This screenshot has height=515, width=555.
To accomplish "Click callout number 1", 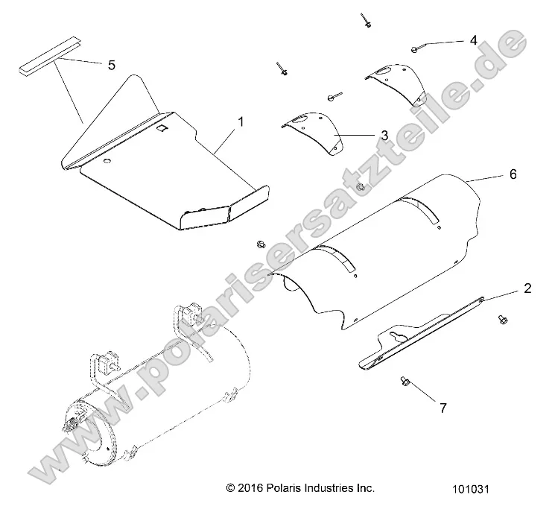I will click(240, 120).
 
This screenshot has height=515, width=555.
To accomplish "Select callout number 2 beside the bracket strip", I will click(527, 288).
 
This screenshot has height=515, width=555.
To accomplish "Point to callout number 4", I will click(472, 40).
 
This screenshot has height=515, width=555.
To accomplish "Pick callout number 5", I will click(111, 66).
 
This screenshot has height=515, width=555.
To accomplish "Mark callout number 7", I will click(443, 408).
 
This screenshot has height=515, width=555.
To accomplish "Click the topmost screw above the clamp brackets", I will click(367, 22).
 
